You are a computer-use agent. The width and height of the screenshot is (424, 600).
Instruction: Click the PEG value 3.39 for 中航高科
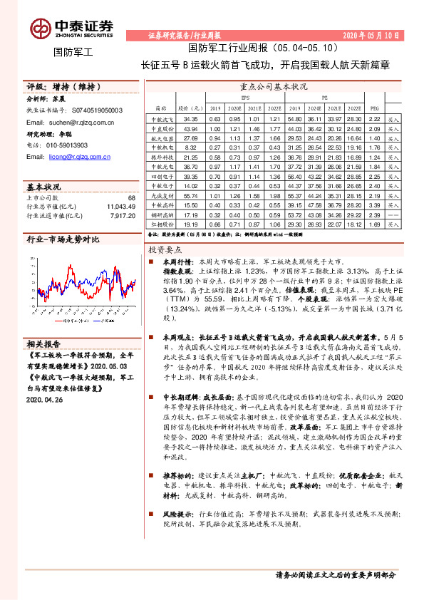tap(376, 204)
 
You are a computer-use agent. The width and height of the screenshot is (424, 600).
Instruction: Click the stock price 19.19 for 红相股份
tap(190, 223)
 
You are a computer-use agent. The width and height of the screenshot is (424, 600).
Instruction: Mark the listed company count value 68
tap(131, 197)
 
